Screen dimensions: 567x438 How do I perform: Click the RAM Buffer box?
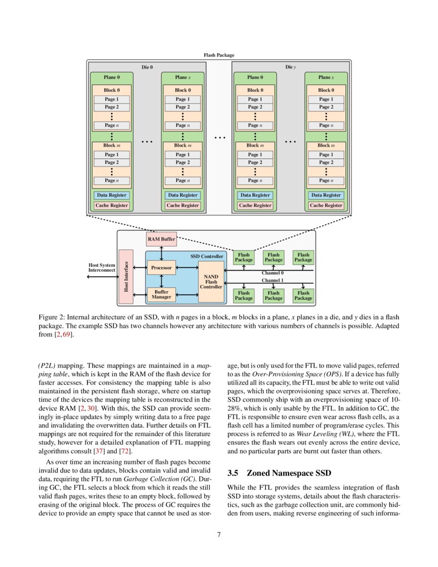[x=161, y=239]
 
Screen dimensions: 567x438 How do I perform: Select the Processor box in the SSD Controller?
[x=161, y=268]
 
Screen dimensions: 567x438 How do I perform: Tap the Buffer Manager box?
[x=161, y=294]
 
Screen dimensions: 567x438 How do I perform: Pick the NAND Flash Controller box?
[x=211, y=281]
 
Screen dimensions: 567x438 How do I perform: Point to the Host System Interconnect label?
[x=102, y=268]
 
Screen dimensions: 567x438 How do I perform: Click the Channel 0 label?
[x=273, y=273]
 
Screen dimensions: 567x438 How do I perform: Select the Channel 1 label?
[x=273, y=281]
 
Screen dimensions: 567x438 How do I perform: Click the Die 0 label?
[x=147, y=67]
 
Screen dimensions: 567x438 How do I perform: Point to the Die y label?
[x=291, y=67]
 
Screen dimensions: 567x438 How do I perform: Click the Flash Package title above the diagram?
[x=219, y=55]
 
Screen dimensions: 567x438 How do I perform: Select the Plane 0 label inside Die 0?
[x=111, y=77]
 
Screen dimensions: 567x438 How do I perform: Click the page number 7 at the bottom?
[x=219, y=535]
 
